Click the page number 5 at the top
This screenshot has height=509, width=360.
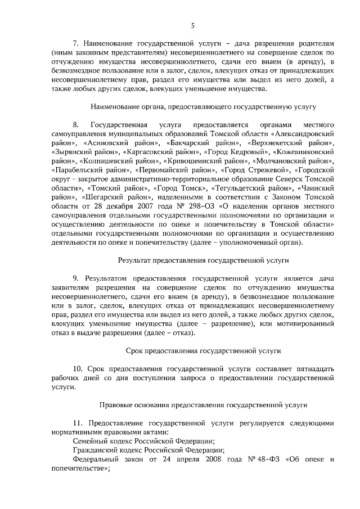tap(192, 25)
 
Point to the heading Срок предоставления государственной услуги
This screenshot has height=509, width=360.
tap(202, 351)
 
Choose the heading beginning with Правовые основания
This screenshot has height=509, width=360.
tap(202, 404)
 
